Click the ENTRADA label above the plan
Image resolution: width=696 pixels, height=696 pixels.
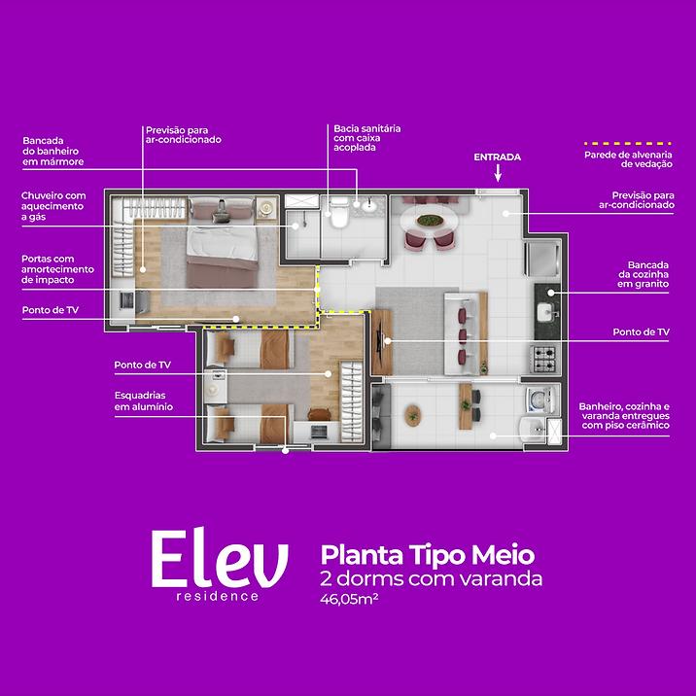[x=497, y=157]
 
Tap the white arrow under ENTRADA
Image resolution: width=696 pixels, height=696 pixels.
[x=498, y=173]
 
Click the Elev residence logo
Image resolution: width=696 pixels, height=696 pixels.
[x=220, y=564]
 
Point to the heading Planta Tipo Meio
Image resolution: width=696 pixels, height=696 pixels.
[x=428, y=555]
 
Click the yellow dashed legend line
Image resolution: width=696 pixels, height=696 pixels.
[x=628, y=144]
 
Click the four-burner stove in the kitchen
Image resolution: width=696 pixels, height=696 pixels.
[x=544, y=359]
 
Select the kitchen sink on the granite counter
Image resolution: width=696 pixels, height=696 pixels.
[x=545, y=312]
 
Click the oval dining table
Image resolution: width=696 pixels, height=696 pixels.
[x=428, y=220]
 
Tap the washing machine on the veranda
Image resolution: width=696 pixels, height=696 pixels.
[x=539, y=400]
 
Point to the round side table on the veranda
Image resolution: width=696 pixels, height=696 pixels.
[x=413, y=415]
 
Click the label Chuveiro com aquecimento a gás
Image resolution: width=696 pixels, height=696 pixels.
[x=53, y=206]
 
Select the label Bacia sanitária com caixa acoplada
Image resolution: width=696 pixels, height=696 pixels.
[x=367, y=138]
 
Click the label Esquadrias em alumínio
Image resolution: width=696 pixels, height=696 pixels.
[x=143, y=400]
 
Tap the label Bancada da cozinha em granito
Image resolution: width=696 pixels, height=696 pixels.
[x=644, y=274]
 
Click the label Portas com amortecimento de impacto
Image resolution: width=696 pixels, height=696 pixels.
[x=57, y=269]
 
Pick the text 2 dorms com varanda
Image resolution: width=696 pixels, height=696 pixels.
[x=431, y=579]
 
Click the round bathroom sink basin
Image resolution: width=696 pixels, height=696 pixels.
[x=368, y=206]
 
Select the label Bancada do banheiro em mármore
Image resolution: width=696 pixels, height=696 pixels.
[x=52, y=152]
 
